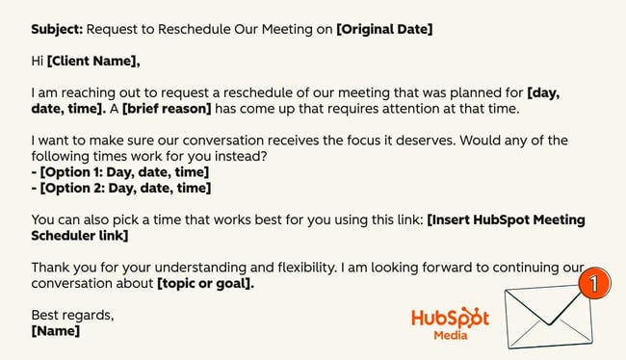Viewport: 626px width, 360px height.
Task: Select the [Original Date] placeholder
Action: pos(384,29)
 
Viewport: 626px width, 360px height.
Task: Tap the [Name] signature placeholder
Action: pos(56,330)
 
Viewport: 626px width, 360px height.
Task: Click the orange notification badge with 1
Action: pos(595,285)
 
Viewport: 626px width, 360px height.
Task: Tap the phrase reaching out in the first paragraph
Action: pos(99,93)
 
